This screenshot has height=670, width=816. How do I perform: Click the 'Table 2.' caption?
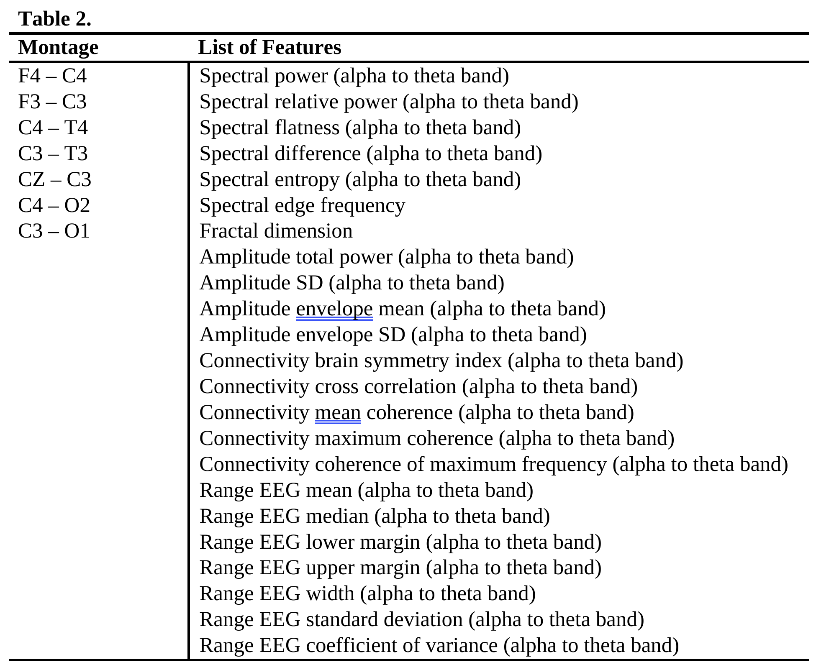pos(55,19)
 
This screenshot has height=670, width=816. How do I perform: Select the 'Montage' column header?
pos(58,47)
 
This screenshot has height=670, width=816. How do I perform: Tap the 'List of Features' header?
pos(269,47)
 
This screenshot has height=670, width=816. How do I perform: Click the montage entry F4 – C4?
pos(52,76)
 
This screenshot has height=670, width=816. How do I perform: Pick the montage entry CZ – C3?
pos(54,180)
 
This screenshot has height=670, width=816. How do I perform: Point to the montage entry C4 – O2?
pos(54,206)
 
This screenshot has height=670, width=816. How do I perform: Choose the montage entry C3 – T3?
pos(53,154)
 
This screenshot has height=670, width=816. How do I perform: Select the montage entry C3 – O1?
pos(54,231)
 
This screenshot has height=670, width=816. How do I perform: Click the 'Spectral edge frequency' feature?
pos(302,206)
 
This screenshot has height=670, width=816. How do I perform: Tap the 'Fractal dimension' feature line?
pos(276,231)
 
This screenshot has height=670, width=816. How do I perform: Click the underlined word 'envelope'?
pos(334,309)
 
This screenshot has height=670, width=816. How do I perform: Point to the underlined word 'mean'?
pos(338,413)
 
